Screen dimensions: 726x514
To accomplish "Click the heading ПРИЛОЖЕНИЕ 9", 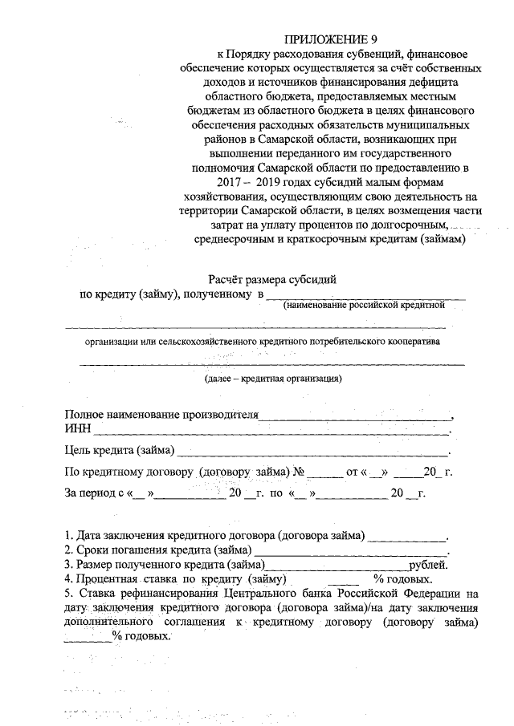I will [x=331, y=39].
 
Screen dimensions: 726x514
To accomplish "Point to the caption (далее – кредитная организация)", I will [x=273, y=378].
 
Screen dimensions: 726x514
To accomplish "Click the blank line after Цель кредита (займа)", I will [x=313, y=452].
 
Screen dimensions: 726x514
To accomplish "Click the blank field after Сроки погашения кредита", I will [x=349, y=552].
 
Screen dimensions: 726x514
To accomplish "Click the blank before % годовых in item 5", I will [x=88, y=638].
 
